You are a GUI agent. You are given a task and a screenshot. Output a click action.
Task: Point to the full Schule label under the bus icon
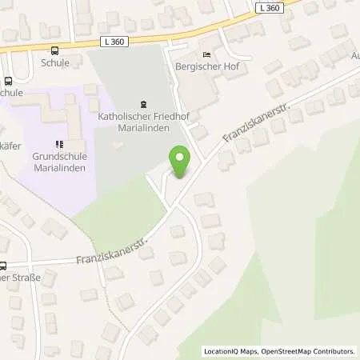(x=56, y=62)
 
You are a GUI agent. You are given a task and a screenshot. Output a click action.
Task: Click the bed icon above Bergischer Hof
(x=208, y=54)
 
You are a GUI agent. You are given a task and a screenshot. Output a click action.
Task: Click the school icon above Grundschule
(x=58, y=144)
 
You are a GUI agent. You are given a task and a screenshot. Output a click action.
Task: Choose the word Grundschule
(x=58, y=156)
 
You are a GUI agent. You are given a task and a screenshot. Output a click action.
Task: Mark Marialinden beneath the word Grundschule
(x=58, y=167)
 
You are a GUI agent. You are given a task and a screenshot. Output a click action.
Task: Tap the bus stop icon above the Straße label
(x=2, y=266)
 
